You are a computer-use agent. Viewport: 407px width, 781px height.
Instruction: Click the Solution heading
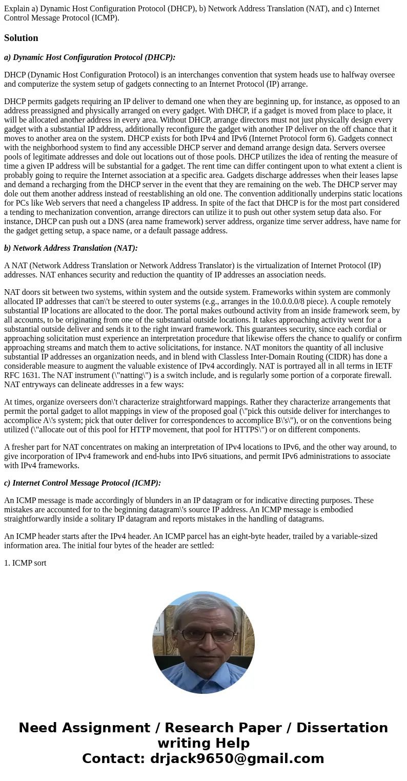coord(21,38)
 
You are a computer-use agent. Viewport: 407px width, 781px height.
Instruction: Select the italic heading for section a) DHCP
coord(90,57)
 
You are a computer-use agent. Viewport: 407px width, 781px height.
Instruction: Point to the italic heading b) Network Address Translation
coord(71,248)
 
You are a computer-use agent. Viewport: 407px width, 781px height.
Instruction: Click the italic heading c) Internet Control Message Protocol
coord(83,483)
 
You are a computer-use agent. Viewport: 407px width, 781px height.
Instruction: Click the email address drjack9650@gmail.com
coord(237,759)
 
